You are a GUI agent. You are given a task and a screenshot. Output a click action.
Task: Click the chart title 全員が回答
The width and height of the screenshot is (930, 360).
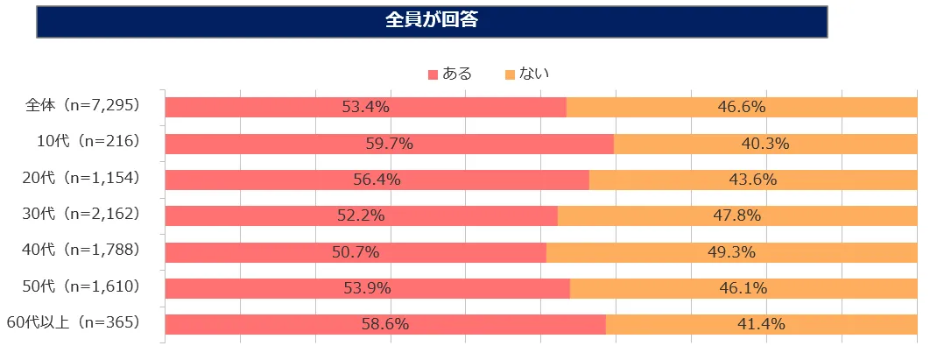(x=432, y=20)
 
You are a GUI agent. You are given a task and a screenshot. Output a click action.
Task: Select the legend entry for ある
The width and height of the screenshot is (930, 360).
(x=450, y=74)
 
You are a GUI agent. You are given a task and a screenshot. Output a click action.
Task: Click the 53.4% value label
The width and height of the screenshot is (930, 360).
(x=366, y=108)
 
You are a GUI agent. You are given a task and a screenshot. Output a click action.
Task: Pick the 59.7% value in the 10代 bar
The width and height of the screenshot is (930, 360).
(x=390, y=144)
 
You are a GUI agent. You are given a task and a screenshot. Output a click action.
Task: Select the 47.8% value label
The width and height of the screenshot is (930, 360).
(x=737, y=215)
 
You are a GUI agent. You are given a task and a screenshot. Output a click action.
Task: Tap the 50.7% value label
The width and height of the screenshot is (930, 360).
(x=356, y=252)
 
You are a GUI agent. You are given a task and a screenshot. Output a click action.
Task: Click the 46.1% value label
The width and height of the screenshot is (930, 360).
(x=743, y=288)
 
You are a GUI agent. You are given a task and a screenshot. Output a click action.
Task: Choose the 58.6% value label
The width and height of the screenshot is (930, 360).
(x=385, y=324)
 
